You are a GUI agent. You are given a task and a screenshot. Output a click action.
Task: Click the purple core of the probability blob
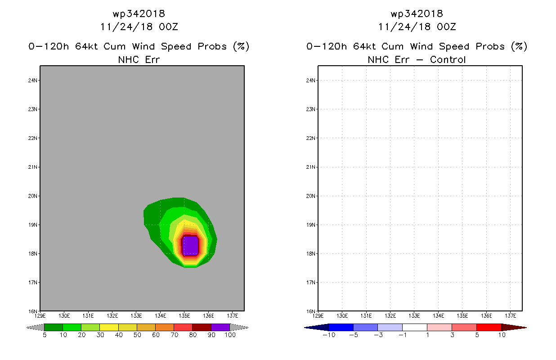[x=191, y=246]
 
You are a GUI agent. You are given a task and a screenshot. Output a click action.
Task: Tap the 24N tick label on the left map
[x=32, y=80]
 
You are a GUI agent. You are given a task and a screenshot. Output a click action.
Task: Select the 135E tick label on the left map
[x=184, y=316]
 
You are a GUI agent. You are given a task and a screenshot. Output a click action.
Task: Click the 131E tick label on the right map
[x=366, y=316]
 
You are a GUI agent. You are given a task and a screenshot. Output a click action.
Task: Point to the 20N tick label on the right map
[x=310, y=196]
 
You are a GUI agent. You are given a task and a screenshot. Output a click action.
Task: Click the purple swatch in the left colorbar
[x=220, y=327]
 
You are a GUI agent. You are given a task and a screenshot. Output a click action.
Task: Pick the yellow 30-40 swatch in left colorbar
[x=109, y=327]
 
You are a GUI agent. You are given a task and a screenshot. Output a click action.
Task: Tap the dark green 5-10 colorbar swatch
[x=54, y=327]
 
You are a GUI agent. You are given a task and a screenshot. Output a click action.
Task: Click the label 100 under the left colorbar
[x=230, y=335]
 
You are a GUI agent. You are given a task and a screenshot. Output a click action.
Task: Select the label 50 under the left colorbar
[x=137, y=335]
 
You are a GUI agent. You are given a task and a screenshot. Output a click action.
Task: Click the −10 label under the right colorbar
[x=329, y=335]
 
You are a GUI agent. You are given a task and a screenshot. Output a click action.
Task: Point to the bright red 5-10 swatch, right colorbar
[x=489, y=327]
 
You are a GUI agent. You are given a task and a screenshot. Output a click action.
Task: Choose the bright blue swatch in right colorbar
[x=341, y=327]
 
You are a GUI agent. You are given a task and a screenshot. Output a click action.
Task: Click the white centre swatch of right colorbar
[x=415, y=327]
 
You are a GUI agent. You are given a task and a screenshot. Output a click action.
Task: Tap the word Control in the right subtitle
[x=448, y=59]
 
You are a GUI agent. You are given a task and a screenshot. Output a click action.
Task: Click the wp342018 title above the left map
[x=139, y=13]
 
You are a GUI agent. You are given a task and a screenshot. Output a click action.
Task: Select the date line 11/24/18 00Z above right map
[x=417, y=27]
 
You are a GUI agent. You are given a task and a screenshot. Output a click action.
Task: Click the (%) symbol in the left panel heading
[x=241, y=46]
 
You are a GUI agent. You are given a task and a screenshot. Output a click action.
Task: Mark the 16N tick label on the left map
[x=32, y=311]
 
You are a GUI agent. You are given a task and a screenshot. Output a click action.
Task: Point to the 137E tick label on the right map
[x=510, y=316]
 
